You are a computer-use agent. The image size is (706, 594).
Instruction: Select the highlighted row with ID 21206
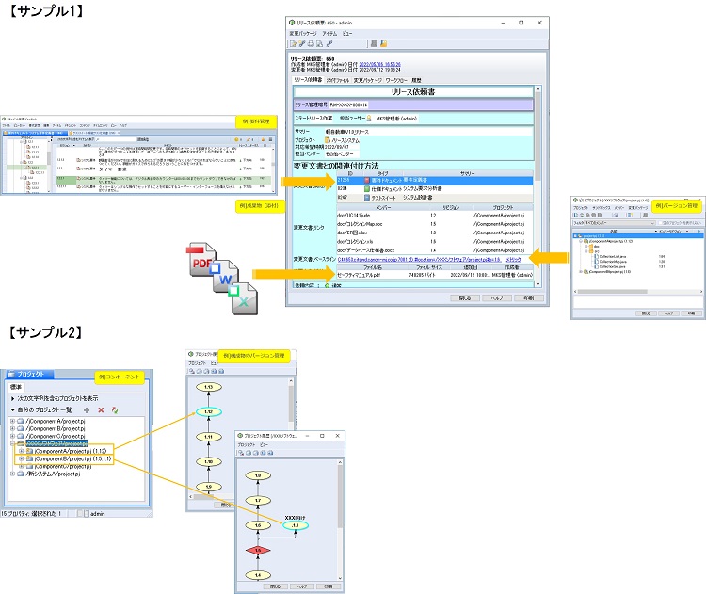click(414, 179)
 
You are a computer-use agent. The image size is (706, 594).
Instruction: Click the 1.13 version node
click(207, 387)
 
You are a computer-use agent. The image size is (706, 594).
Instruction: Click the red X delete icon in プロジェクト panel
click(101, 409)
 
